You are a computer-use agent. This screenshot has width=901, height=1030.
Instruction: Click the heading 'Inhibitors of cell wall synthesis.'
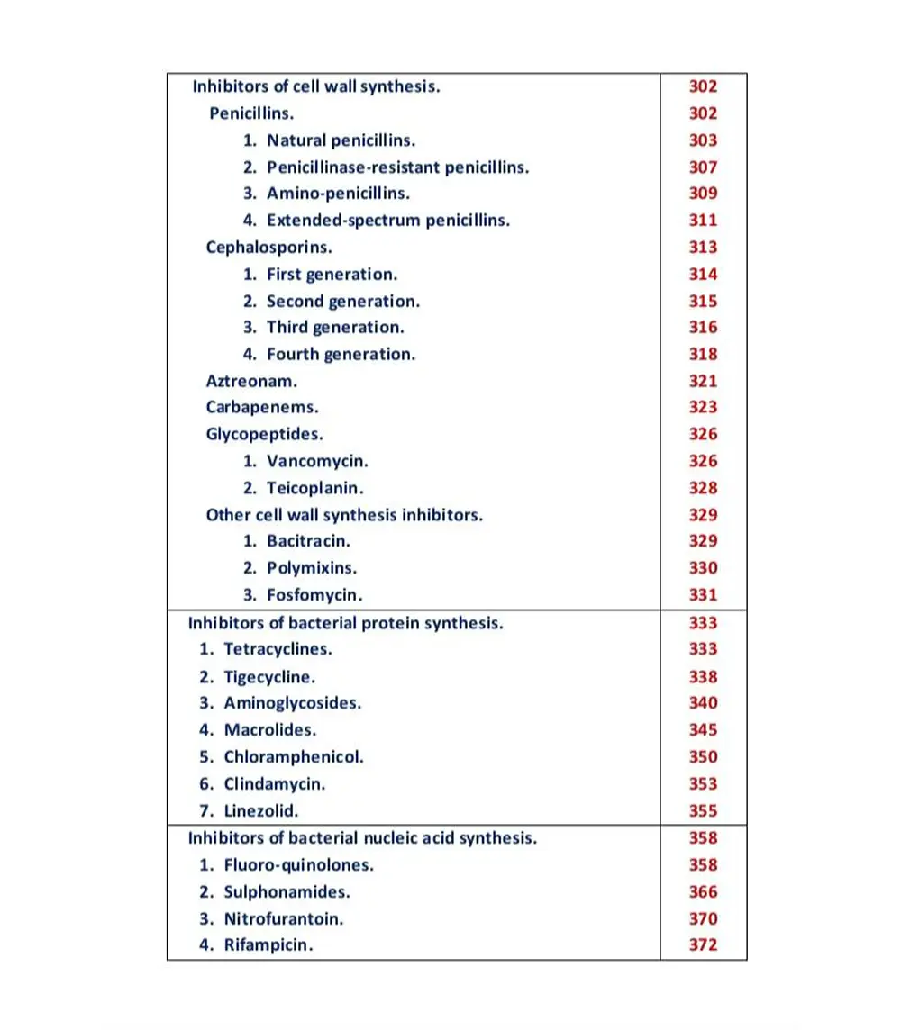pos(316,86)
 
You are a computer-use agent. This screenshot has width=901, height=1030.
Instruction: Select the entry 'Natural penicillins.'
pos(341,140)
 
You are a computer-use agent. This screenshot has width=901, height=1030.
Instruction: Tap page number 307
pos(703,167)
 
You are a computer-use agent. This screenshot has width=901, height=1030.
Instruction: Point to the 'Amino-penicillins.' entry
pos(338,194)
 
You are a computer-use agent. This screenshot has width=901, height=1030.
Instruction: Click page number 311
pos(703,220)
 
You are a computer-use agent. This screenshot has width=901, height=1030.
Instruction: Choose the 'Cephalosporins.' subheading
pos(269,247)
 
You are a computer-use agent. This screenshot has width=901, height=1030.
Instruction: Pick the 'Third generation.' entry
pos(335,327)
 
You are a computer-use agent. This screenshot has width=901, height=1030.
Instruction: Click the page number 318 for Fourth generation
pos(703,354)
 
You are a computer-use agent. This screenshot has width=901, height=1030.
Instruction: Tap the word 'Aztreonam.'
pos(251,381)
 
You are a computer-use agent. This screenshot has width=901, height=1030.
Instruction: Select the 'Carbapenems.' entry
pos(261,407)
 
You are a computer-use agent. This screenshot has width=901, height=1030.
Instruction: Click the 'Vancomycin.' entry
pos(317,461)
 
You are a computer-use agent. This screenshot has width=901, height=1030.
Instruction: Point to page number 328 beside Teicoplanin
pos(703,488)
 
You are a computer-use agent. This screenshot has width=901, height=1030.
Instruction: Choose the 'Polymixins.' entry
pos(312,568)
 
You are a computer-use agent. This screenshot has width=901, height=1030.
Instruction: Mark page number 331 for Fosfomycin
pos(703,595)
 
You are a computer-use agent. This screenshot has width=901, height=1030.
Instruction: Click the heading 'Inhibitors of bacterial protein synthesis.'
pos(345,623)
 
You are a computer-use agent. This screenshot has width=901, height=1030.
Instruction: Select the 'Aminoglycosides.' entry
pos(292,703)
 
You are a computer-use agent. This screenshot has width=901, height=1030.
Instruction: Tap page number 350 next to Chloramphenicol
pos(703,757)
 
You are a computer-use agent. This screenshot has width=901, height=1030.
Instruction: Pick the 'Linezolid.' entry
pos(260,810)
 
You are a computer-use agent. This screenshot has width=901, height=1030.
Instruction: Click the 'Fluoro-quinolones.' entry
pos(298,865)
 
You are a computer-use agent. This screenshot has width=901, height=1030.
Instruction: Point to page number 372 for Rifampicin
pos(703,945)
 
